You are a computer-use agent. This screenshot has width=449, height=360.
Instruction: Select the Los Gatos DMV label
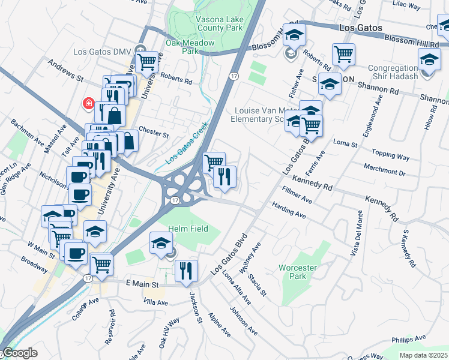click(111, 50)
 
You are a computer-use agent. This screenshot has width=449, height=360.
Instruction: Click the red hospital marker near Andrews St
click(89, 103)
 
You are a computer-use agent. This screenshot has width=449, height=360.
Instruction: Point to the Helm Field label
click(188, 229)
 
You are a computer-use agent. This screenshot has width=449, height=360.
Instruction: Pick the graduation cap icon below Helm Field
click(160, 242)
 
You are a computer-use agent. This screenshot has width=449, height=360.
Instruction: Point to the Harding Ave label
click(289, 210)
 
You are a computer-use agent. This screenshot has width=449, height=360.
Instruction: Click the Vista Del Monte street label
click(360, 236)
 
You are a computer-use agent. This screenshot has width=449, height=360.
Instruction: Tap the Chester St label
click(154, 131)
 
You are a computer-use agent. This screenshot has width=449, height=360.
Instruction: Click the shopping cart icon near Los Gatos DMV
click(146, 60)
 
